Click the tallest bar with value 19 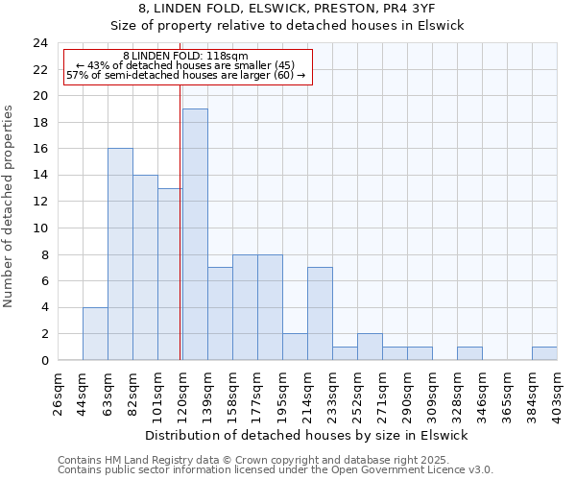(195, 234)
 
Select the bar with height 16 (120, 254)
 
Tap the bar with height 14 (145, 268)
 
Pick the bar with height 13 (170, 275)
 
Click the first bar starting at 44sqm (95, 333)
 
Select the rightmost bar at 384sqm (544, 353)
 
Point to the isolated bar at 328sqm (469, 353)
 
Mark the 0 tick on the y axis (43, 360)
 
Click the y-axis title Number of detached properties (11, 206)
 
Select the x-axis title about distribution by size (307, 435)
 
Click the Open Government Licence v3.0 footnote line (276, 470)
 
